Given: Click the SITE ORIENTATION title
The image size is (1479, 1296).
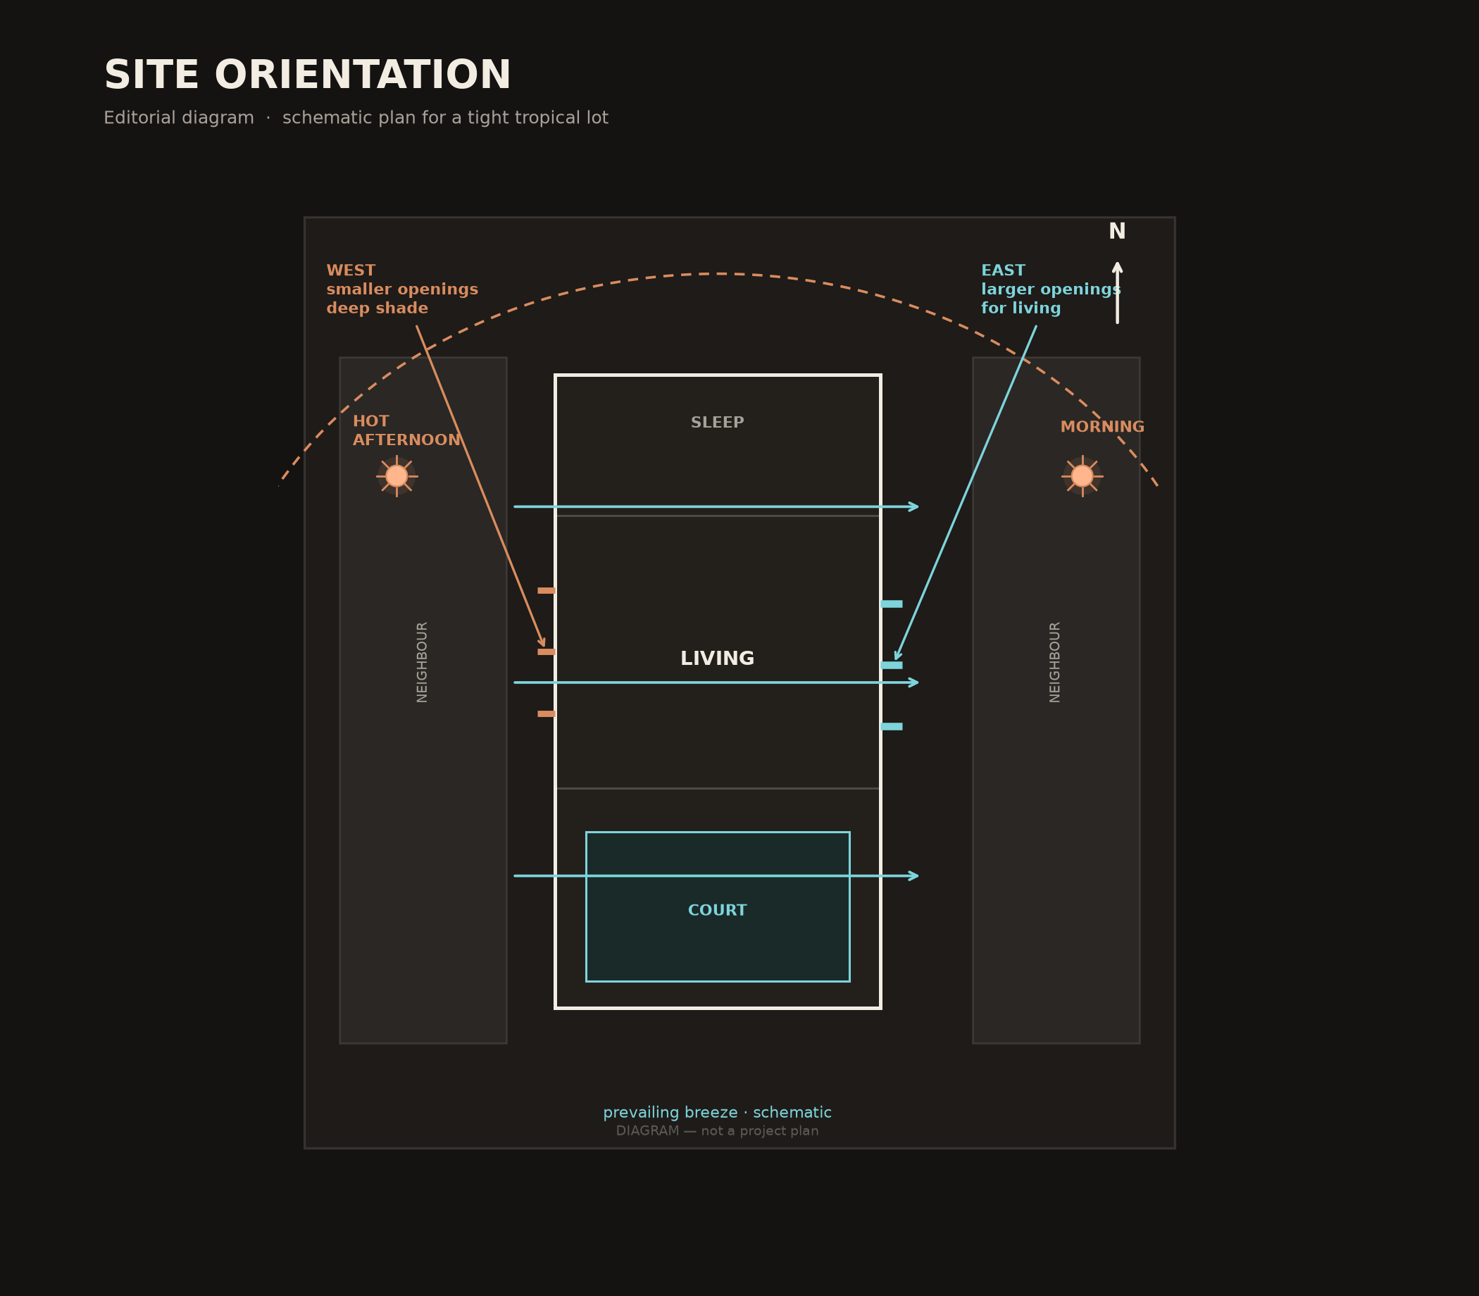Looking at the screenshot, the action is (x=307, y=76).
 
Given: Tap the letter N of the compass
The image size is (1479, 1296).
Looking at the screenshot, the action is (x=1117, y=232).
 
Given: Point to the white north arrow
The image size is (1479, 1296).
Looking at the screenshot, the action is (x=1118, y=292).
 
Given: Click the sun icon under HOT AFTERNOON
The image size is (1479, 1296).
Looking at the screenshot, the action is (x=397, y=476).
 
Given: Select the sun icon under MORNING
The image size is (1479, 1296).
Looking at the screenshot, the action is (x=1082, y=476).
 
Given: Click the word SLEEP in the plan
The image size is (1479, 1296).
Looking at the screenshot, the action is (x=718, y=423).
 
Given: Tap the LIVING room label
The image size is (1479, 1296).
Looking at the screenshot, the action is (x=718, y=659).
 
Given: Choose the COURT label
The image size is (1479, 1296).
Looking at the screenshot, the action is (x=718, y=911).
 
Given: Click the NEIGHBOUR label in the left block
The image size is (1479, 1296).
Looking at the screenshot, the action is (x=423, y=662).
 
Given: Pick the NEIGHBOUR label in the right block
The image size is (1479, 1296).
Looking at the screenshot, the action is (x=1055, y=662).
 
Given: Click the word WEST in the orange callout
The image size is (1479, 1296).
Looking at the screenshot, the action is (x=351, y=271).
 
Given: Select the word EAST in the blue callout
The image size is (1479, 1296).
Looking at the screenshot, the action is (x=1003, y=271).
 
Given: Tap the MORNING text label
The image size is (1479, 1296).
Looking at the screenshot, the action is (x=1102, y=428).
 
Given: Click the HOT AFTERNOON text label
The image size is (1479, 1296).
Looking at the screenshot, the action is (x=406, y=431).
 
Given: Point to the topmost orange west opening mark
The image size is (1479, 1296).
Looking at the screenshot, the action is (x=547, y=591).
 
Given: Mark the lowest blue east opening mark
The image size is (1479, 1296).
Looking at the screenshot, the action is (x=892, y=726).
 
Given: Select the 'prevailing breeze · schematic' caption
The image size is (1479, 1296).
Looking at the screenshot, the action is (x=718, y=1113).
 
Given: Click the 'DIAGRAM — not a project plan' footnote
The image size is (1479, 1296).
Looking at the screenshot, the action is (x=718, y=1131).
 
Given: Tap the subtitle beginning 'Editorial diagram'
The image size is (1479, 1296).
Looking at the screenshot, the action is (x=356, y=118).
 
